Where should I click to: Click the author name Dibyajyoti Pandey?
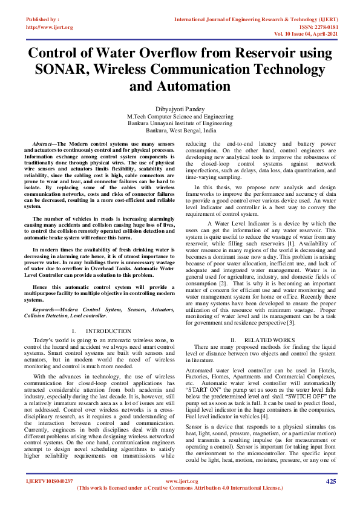[x=180, y=109]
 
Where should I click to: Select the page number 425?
[x=331, y=481]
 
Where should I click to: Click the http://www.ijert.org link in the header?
[x=50, y=27]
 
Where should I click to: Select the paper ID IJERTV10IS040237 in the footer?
[x=50, y=481]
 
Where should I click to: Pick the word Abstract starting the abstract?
[x=45, y=146]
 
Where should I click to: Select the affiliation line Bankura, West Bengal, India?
[x=180, y=130]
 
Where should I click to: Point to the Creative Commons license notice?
[x=180, y=488]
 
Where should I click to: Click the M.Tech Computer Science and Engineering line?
[x=180, y=116]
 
